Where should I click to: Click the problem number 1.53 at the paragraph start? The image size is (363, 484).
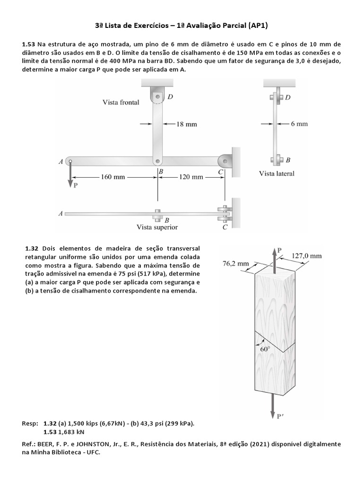tap(28, 44)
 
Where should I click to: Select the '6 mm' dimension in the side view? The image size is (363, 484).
tap(299, 124)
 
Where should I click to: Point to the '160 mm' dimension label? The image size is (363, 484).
tap(113, 177)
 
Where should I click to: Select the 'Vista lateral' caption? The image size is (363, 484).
tap(277, 173)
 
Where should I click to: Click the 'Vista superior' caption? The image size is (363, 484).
tap(157, 227)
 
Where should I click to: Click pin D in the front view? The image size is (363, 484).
tap(157, 97)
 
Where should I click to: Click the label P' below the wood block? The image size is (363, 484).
tap(280, 416)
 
